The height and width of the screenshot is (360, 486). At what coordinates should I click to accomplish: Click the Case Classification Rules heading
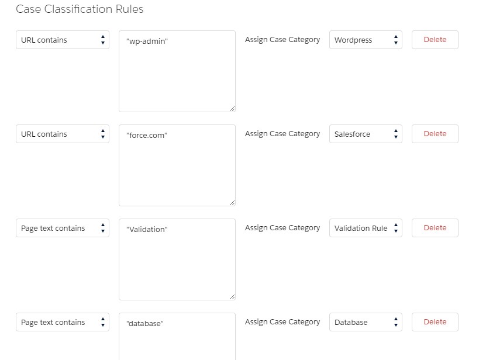click(80, 9)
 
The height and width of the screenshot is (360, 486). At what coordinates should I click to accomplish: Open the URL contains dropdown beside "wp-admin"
click(63, 40)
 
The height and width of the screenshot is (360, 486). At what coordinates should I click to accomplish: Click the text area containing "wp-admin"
click(177, 71)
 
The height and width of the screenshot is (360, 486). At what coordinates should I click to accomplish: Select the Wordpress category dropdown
click(366, 40)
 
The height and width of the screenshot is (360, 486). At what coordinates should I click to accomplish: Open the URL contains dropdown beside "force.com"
click(63, 134)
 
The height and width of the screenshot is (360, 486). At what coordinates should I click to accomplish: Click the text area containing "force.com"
click(177, 165)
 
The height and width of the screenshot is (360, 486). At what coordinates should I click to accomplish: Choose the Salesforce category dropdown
click(366, 134)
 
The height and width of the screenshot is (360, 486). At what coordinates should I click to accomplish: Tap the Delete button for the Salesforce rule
click(435, 134)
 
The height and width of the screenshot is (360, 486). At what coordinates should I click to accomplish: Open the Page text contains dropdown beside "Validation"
click(63, 228)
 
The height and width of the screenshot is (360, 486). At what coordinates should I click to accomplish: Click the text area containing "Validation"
click(177, 259)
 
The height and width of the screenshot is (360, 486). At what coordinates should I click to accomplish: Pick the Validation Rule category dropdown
click(366, 228)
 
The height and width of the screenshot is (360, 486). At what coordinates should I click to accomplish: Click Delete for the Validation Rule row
click(435, 228)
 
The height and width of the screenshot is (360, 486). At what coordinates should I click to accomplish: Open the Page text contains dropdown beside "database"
click(63, 322)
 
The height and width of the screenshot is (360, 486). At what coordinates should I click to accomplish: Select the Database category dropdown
click(366, 322)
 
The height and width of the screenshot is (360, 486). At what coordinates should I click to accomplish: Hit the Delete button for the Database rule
click(435, 322)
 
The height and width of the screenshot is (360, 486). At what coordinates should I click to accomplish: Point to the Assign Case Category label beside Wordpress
click(282, 40)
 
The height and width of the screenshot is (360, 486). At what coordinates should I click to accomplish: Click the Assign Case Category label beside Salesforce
click(282, 134)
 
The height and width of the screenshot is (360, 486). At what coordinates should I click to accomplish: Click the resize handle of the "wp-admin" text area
click(232, 109)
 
